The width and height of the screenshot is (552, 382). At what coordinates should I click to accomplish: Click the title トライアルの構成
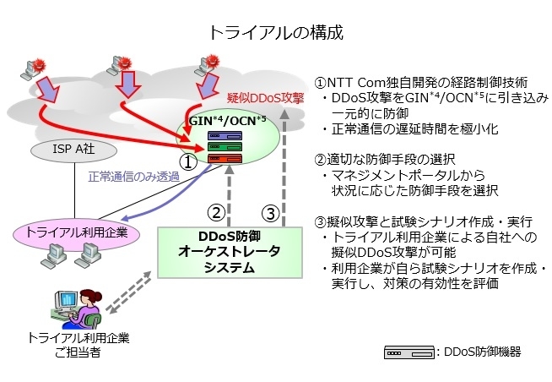click(276, 32)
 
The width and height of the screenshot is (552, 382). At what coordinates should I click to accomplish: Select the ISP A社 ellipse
click(74, 150)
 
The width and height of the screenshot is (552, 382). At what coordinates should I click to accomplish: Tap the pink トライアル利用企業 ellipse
click(77, 233)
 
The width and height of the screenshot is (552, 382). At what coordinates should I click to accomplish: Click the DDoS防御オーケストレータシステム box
click(230, 253)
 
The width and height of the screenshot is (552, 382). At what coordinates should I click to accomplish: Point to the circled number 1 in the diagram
click(189, 162)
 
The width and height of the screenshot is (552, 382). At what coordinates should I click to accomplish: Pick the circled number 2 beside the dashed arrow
click(216, 212)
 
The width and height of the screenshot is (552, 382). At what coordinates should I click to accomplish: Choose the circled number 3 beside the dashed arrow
click(270, 213)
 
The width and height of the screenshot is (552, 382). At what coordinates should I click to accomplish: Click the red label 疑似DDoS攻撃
click(265, 98)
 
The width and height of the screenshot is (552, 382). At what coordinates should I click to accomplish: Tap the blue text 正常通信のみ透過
click(133, 177)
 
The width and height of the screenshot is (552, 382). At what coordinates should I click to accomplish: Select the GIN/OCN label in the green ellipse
click(227, 121)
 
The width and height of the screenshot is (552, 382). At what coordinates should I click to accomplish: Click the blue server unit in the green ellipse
click(225, 136)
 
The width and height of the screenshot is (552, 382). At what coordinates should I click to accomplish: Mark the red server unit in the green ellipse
click(225, 159)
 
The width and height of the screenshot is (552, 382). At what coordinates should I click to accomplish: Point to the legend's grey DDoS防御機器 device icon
click(409, 352)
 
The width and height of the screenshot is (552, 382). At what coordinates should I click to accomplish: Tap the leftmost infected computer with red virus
click(34, 69)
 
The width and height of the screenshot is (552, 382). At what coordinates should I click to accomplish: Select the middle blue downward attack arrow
click(127, 85)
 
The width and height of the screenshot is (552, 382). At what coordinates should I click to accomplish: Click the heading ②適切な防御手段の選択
click(384, 159)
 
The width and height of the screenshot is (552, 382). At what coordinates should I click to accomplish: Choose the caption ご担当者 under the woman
click(78, 352)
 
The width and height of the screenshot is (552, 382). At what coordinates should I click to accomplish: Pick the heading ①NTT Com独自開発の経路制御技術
click(421, 83)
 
